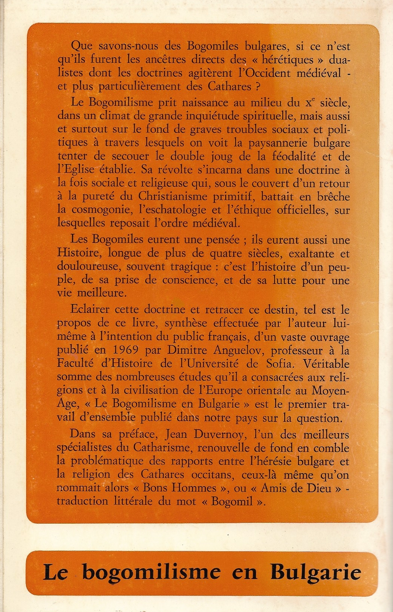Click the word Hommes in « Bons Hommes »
pos(196,488)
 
